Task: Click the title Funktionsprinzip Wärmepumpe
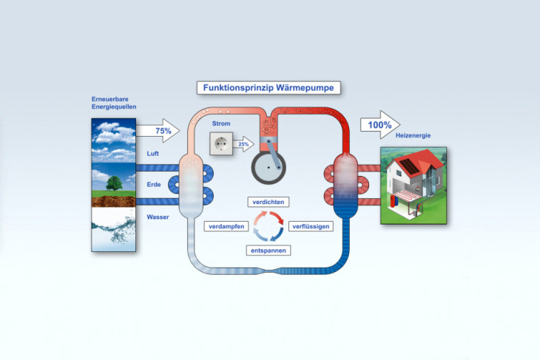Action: click(x=269, y=88)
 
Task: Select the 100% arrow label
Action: click(x=379, y=125)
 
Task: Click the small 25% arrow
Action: click(x=243, y=143)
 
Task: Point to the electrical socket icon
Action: click(x=220, y=143)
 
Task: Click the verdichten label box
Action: click(x=269, y=201)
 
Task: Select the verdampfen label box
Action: click(x=226, y=225)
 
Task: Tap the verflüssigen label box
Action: click(x=310, y=225)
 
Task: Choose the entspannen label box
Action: click(x=268, y=250)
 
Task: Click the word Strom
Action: click(x=221, y=123)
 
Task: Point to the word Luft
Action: click(x=152, y=154)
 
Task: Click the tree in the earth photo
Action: click(x=113, y=183)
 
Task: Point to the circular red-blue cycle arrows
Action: click(x=268, y=225)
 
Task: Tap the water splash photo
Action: click(x=113, y=228)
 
